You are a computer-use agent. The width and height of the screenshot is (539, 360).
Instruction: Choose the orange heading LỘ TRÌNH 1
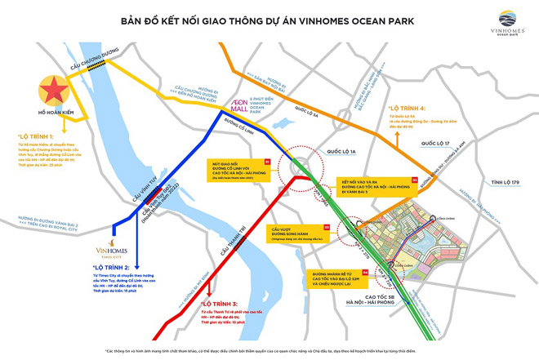36,136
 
